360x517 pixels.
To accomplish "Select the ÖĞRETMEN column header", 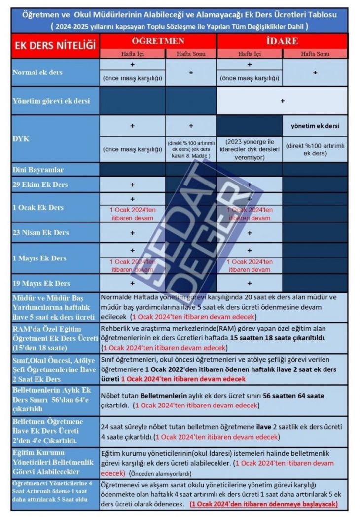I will tap(157, 40).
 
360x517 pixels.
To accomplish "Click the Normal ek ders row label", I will tap(37, 72).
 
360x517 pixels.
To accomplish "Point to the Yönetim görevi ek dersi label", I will tap(51, 101).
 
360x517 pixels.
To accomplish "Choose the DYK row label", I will tap(20, 139).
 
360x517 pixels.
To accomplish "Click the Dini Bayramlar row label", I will tap(38, 170).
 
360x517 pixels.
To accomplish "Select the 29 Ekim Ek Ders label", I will tap(40, 185).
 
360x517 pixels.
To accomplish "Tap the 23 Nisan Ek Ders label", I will tap(41, 232).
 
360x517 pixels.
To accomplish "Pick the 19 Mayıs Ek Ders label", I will tap(41, 283).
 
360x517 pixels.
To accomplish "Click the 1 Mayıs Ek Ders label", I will tap(39, 258).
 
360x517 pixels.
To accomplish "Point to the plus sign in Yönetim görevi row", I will tap(282, 101).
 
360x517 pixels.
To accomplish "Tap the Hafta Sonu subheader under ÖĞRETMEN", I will tap(191, 53).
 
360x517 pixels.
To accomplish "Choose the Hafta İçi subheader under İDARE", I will tap(250, 53).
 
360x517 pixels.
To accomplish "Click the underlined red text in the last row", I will tap(263, 504).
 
